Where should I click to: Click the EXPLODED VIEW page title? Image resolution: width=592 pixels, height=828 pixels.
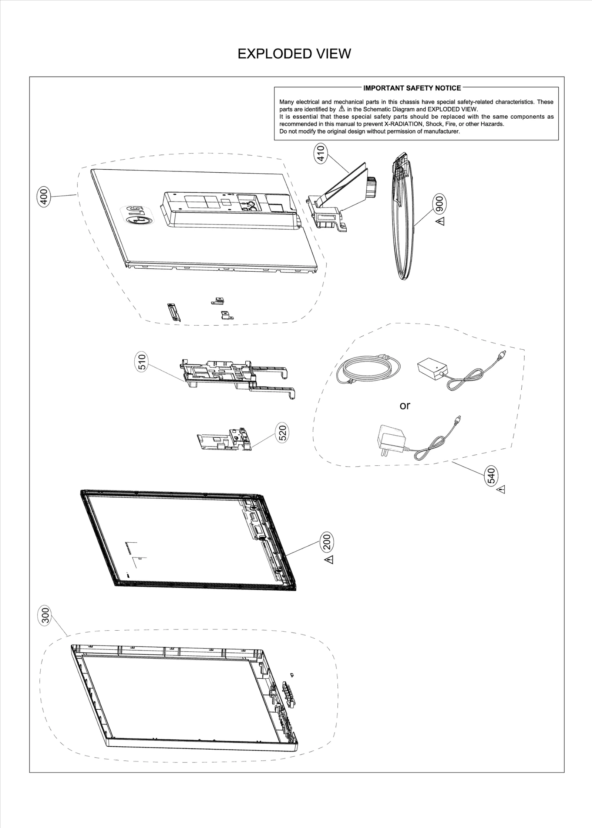[x=294, y=54]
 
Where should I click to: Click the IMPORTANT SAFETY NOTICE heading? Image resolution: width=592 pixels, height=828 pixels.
[x=412, y=88]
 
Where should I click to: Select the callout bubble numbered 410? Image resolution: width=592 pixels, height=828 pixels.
[x=321, y=153]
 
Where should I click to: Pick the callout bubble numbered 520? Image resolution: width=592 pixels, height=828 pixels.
[x=283, y=433]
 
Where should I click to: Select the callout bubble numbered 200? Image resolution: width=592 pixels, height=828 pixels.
[x=328, y=542]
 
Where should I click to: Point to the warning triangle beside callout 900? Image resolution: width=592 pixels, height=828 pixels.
[x=440, y=221]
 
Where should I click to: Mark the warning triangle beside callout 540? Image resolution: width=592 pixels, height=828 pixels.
[x=501, y=490]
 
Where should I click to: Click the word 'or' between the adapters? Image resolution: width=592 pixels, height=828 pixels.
[x=405, y=405]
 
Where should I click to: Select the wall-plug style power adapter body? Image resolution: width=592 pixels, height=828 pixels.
[x=391, y=440]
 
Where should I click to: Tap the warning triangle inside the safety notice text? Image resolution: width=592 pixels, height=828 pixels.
[x=342, y=109]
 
